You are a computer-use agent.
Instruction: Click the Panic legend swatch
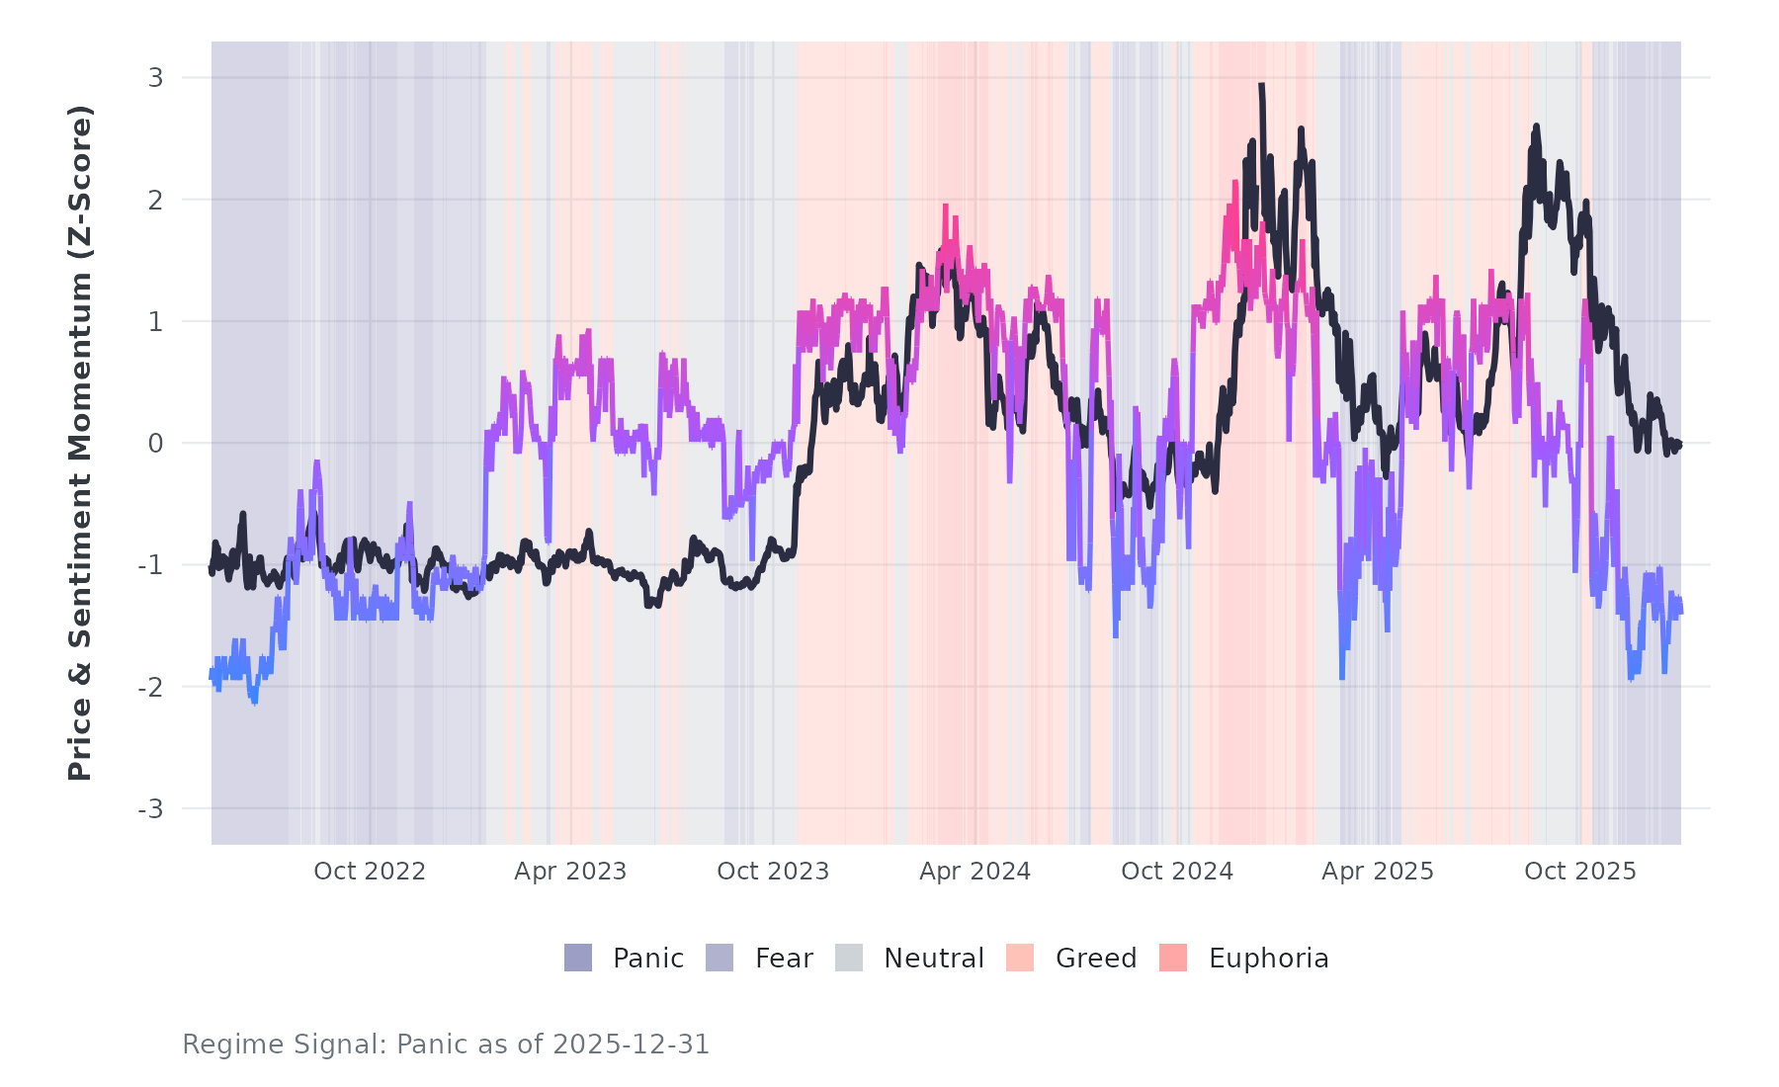[578, 958]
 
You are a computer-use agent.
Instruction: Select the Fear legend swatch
[720, 958]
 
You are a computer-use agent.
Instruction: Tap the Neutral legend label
[933, 959]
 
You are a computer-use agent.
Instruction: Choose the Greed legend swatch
[1020, 958]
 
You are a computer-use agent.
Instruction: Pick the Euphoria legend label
[1268, 959]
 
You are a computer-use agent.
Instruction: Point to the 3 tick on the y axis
[156, 77]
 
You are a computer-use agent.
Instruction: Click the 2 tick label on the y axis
[156, 200]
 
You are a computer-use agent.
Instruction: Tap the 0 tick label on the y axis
[156, 444]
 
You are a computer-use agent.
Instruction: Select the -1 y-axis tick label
[151, 565]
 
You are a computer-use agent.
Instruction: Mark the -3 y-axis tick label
[151, 809]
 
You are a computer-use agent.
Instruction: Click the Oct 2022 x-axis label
[370, 872]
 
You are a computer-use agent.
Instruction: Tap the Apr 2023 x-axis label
[570, 872]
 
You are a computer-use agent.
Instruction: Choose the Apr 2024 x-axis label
[974, 872]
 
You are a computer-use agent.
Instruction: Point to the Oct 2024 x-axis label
[1177, 872]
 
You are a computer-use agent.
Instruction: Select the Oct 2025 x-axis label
[1580, 872]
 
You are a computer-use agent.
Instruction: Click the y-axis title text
[80, 443]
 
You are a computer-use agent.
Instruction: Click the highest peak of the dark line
[1261, 86]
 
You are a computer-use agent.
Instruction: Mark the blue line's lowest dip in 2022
[254, 702]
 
